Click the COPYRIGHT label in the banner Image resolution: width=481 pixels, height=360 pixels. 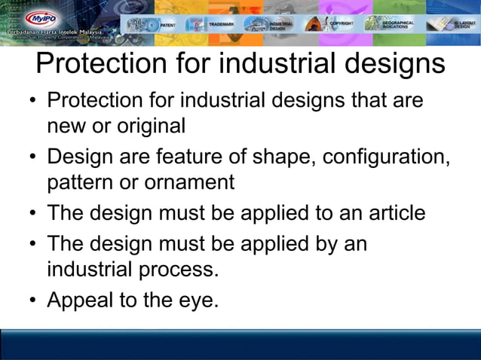[342, 24]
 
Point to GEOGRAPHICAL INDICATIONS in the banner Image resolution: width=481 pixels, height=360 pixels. [399, 25]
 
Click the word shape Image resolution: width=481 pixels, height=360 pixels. [276, 158]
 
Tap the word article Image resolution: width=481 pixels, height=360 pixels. [389, 213]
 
